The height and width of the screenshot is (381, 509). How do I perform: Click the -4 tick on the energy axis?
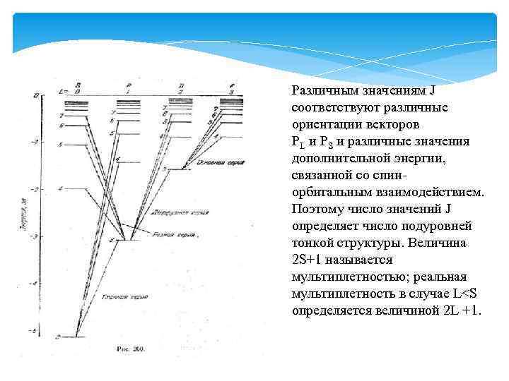pos(32,283)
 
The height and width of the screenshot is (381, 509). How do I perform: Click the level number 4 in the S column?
pos(61,189)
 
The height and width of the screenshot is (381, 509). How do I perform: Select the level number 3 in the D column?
pos(164,170)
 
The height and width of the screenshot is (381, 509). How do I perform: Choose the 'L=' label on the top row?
pos(62,92)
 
